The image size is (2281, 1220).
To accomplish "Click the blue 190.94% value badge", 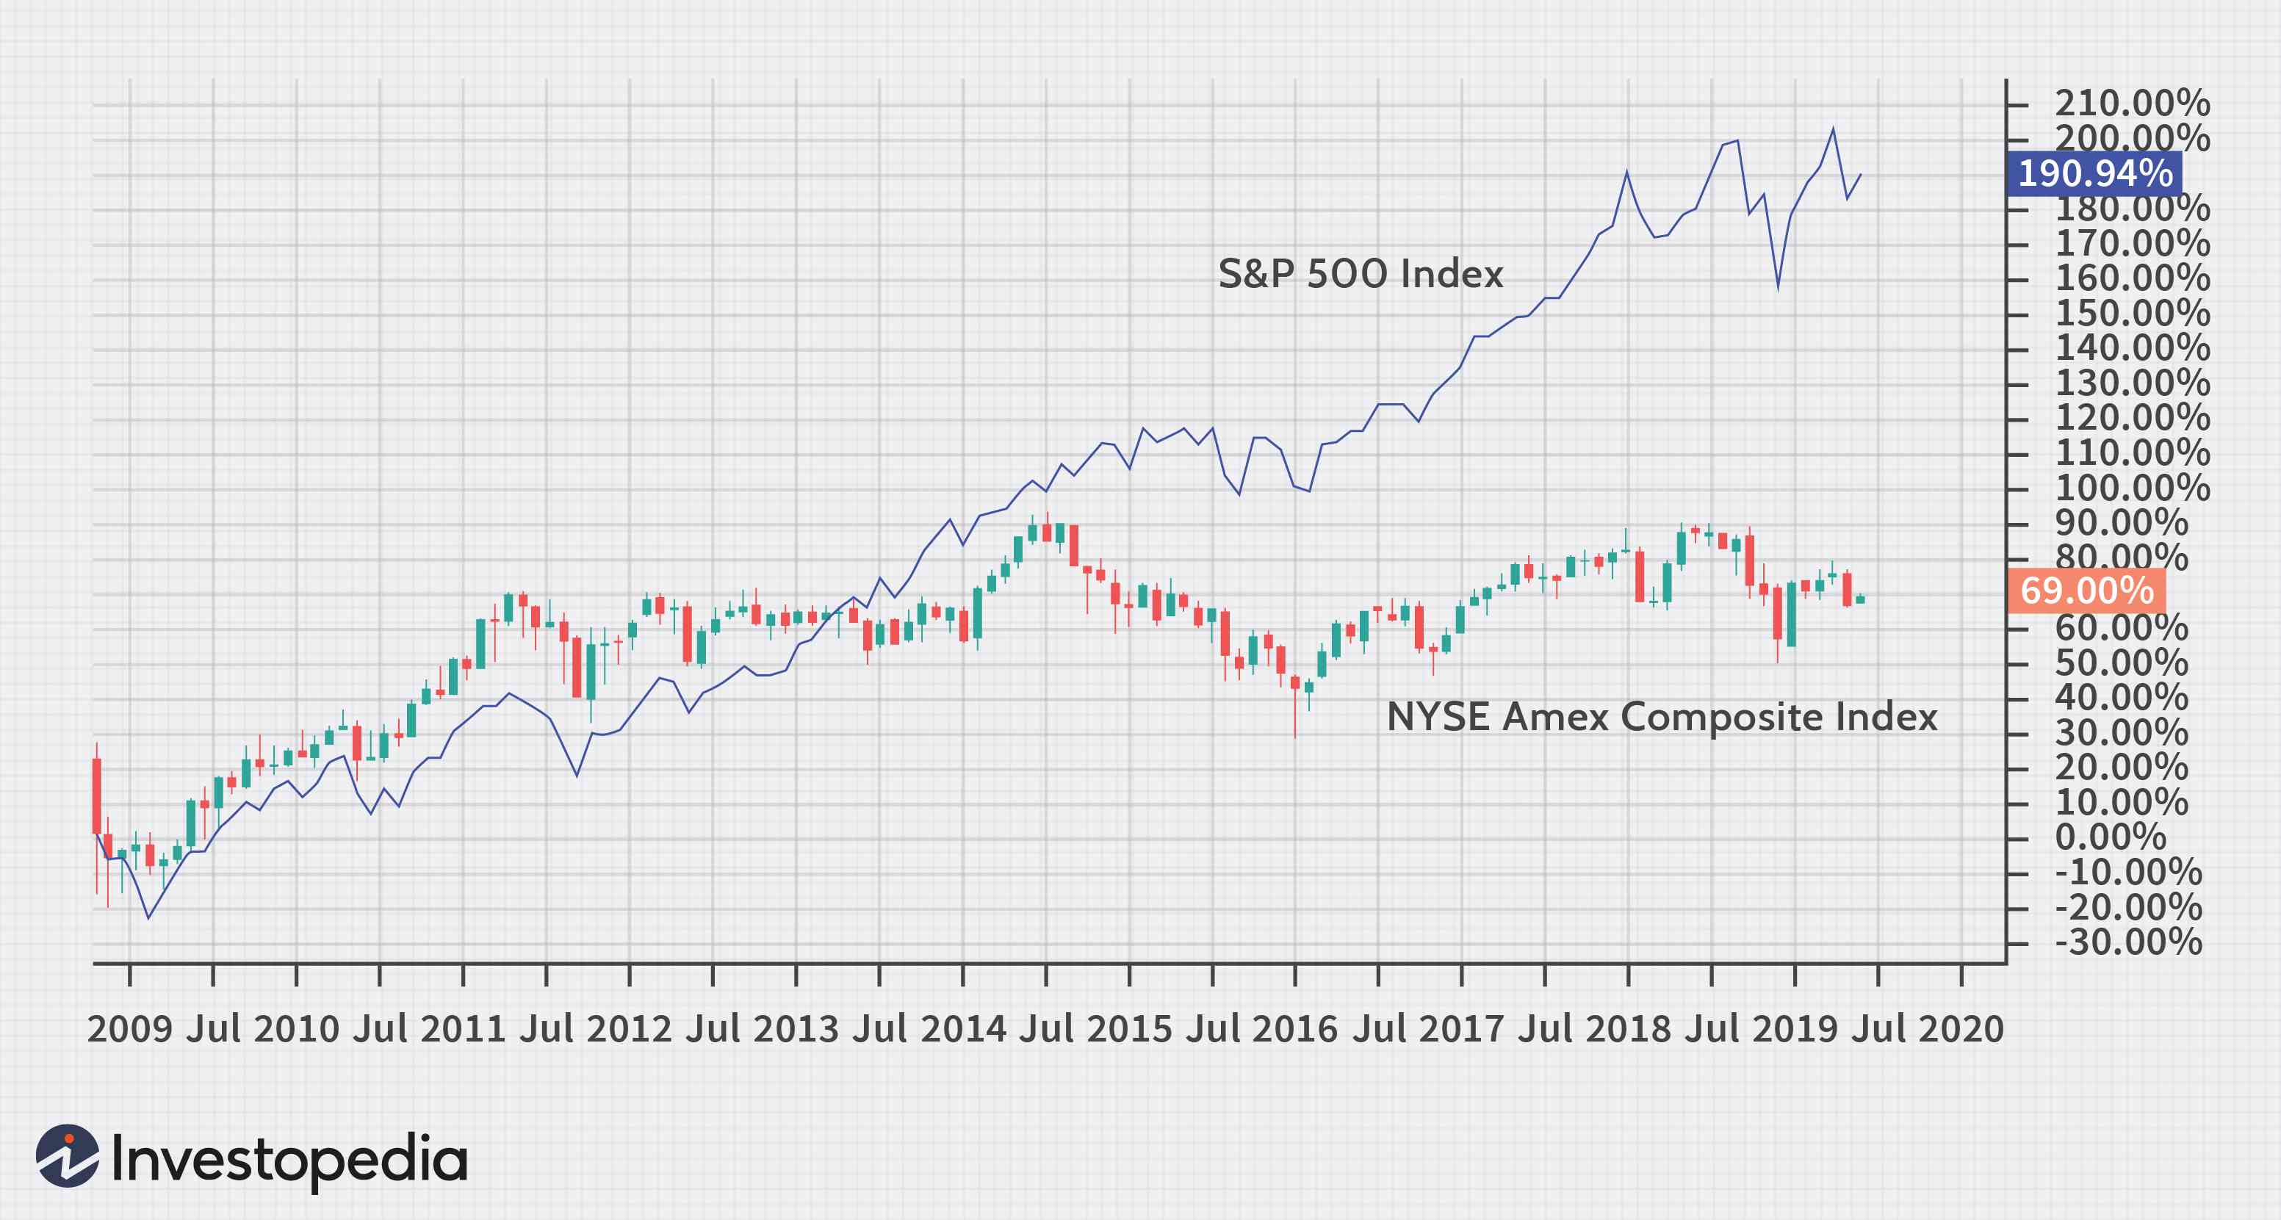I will click(2094, 173).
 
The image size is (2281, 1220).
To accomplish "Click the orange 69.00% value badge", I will click(2087, 591).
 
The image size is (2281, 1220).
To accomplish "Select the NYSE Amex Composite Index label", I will click(1661, 716).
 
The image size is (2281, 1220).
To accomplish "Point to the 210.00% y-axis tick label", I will click(2131, 104).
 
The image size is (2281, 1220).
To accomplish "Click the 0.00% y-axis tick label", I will click(2109, 837).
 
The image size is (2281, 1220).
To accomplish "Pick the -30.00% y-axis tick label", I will click(2127, 942).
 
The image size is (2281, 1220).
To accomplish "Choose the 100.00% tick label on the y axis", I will click(2131, 488).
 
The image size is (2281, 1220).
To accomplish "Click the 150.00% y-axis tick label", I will click(2131, 314).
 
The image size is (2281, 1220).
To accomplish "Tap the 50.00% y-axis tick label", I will click(2121, 663).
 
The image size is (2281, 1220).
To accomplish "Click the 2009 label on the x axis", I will click(129, 1029).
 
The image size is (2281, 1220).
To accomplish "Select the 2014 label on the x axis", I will click(962, 1029).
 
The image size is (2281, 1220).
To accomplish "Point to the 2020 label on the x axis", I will click(1961, 1029).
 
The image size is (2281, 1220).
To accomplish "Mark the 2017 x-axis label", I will click(1462, 1029).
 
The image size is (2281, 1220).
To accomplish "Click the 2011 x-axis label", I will click(462, 1029).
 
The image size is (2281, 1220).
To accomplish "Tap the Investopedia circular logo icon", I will click(68, 1155).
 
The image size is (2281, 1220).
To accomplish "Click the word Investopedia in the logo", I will click(289, 1160).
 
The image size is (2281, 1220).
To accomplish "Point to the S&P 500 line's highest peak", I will click(1832, 129).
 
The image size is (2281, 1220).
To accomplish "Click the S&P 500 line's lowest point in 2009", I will click(148, 917).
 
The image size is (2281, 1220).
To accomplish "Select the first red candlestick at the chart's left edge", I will click(96, 795).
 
